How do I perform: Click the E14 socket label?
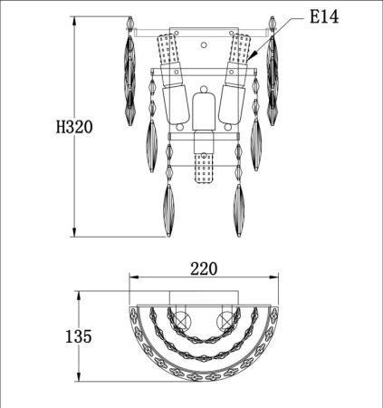[324, 16]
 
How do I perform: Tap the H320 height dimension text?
[74, 127]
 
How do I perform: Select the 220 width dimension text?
[204, 268]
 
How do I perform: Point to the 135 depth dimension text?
[79, 336]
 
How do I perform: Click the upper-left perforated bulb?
[168, 49]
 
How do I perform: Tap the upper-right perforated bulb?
[241, 49]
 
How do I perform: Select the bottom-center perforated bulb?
[204, 168]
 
